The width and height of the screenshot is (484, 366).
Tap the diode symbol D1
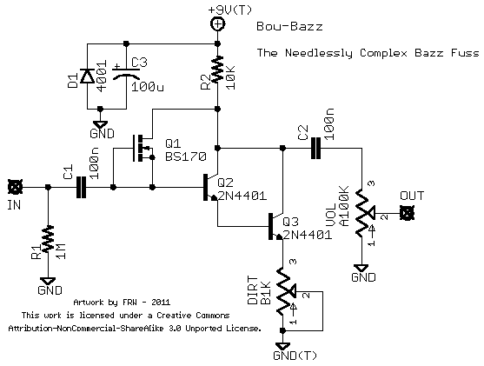click(87, 77)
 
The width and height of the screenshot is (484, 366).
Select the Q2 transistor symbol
click(211, 186)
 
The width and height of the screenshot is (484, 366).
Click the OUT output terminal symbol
click(405, 213)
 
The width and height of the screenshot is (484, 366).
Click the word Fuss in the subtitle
click(465, 53)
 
